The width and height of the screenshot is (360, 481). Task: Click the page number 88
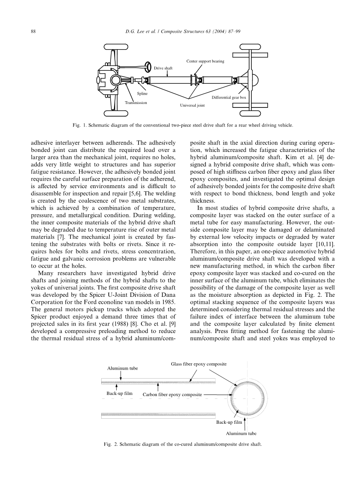pos(33,32)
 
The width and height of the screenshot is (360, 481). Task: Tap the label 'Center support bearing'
pos(205,61)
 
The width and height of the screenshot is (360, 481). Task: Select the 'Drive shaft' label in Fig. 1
pos(163,68)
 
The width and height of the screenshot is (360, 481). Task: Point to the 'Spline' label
pos(142,94)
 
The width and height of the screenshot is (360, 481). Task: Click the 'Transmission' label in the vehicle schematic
pos(136,102)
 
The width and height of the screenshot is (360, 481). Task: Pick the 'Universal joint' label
pos(192,105)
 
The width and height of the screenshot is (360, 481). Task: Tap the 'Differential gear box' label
pos(229,97)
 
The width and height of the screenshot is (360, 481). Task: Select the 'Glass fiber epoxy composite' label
pos(198,364)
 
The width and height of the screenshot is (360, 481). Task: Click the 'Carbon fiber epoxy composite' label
pos(172,395)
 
